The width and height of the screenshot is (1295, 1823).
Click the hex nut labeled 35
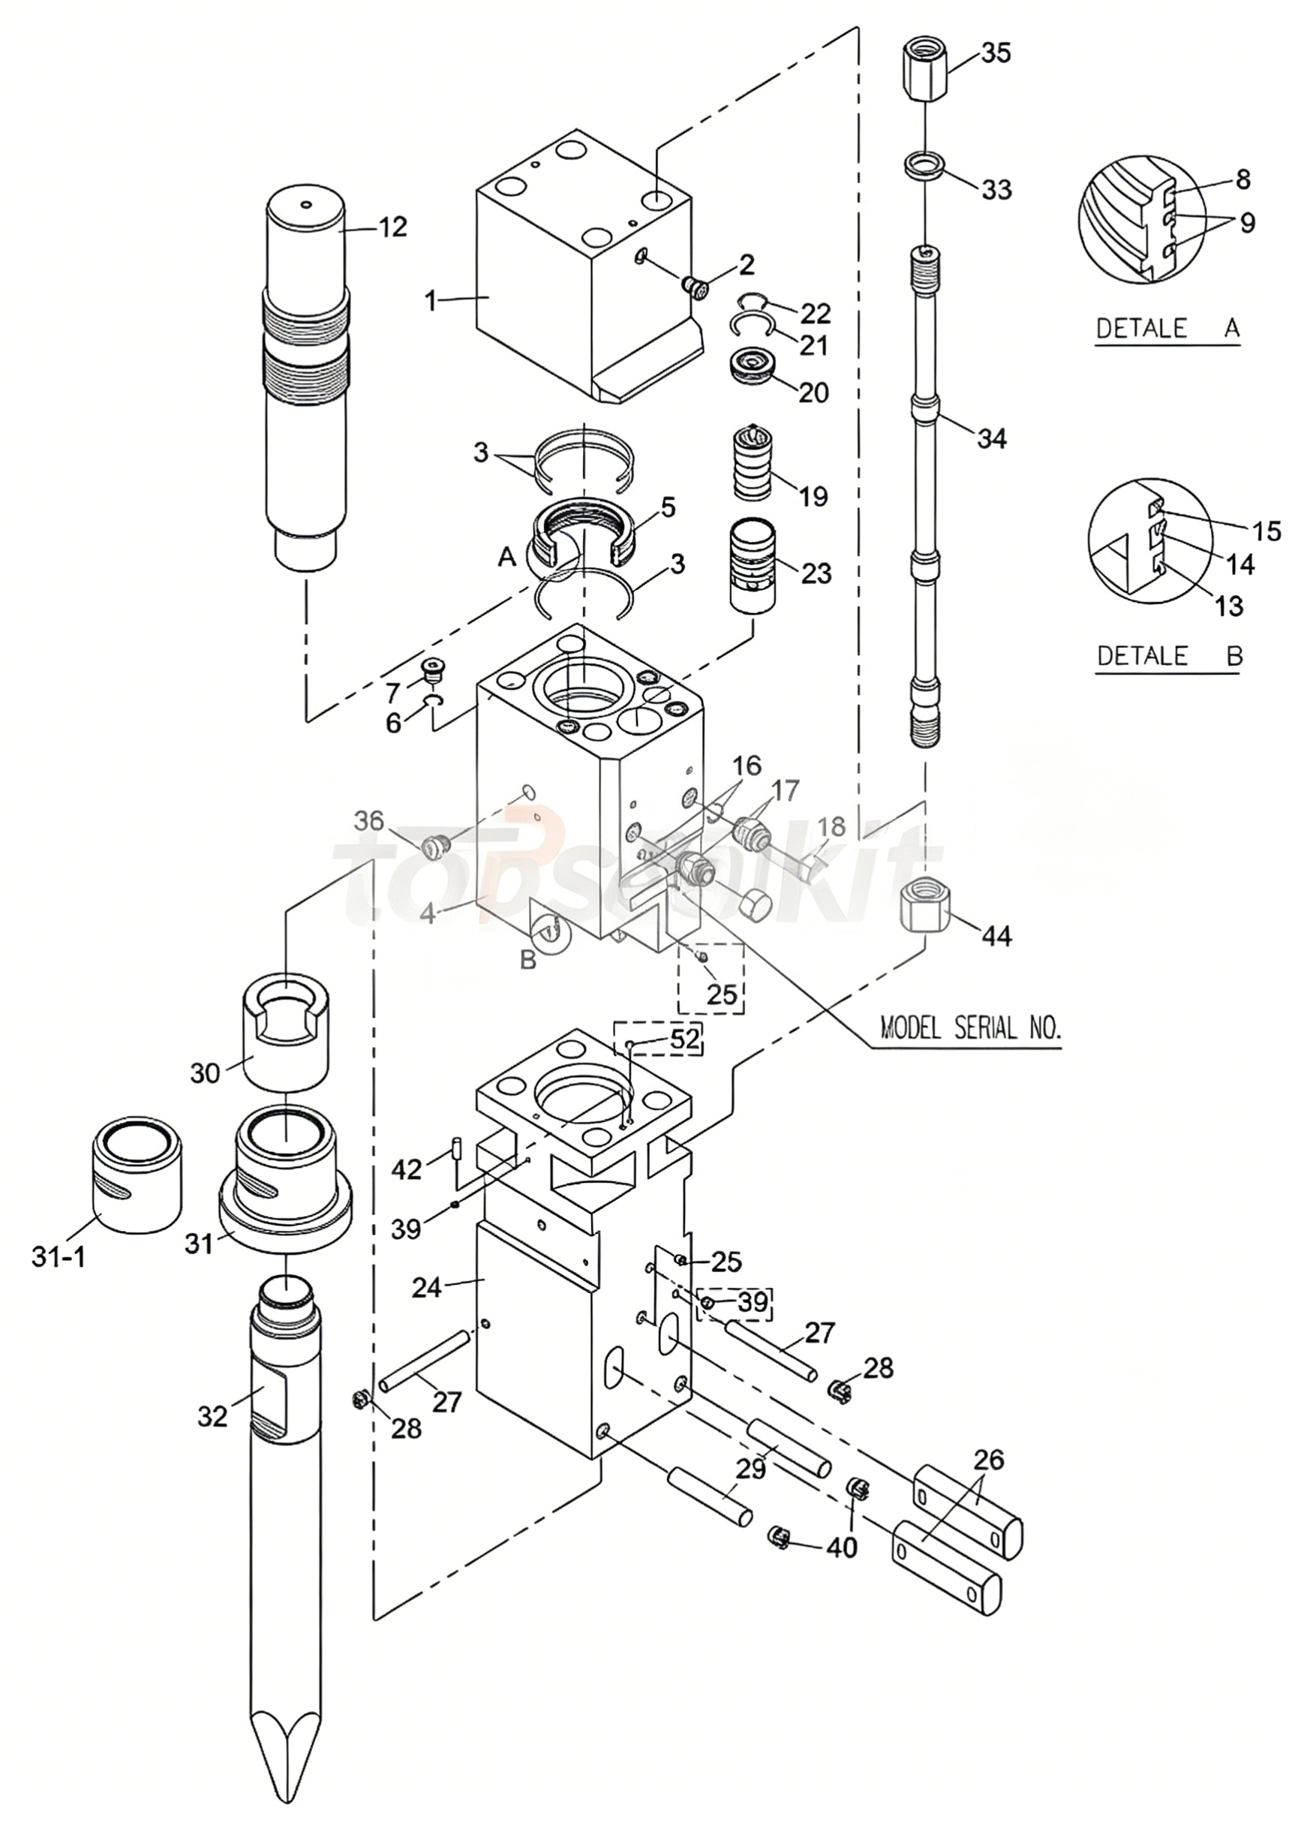(x=924, y=71)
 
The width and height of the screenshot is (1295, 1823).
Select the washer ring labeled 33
(x=925, y=169)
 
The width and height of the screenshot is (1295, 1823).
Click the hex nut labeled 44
(x=924, y=908)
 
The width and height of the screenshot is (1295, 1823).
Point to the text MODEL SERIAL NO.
(x=970, y=1027)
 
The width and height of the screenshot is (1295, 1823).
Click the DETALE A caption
(x=1168, y=328)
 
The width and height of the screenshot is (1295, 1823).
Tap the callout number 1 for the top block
(x=431, y=302)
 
